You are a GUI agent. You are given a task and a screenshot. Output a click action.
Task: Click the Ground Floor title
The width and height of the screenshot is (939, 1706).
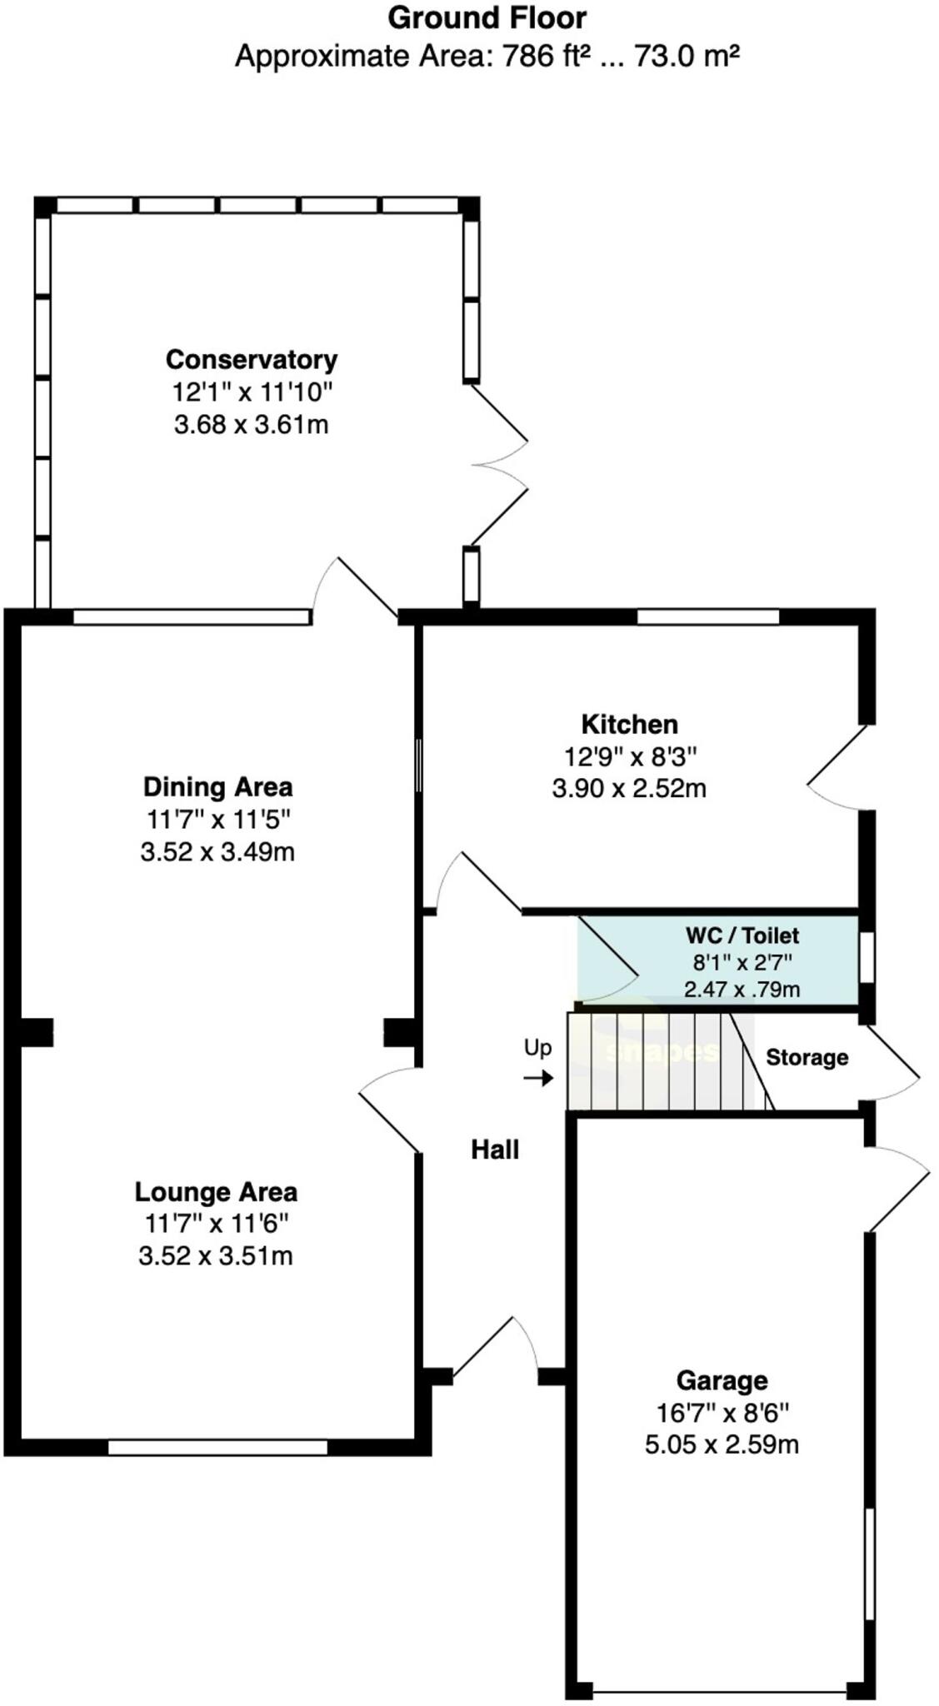coord(487,18)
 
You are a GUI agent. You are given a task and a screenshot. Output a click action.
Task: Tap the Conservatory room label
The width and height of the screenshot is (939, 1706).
coord(252,360)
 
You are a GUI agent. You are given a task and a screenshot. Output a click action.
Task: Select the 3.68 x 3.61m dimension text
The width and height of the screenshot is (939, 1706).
coord(252,425)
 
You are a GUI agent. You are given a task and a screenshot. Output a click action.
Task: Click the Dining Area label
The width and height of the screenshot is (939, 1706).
coord(217,786)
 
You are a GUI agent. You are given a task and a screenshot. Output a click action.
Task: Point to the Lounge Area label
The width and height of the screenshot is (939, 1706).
coord(216,1192)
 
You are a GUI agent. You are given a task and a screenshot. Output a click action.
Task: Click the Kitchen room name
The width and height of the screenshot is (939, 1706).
coord(629,724)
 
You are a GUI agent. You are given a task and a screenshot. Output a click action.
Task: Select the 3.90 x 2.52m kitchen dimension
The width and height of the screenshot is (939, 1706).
coord(629,788)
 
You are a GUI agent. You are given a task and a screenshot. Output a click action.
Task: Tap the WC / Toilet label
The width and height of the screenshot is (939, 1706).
coord(742,935)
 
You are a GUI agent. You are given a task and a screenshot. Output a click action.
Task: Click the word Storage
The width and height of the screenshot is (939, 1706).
coord(807,1058)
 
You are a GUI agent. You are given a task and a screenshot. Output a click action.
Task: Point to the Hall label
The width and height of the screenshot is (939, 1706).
coord(495,1150)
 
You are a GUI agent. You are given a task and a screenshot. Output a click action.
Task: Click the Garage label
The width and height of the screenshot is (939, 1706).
coord(722,1380)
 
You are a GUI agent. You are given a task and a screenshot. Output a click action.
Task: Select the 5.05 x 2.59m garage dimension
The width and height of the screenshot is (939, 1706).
coord(722,1444)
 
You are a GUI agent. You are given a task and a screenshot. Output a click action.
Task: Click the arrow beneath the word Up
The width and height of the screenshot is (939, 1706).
coord(538,1079)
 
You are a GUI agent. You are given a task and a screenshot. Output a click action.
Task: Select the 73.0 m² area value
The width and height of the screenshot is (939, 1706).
coord(687,57)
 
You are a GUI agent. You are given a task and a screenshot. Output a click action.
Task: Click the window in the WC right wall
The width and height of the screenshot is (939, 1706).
coord(867,958)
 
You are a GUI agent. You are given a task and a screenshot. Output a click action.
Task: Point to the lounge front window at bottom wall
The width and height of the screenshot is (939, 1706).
coord(217,1448)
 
